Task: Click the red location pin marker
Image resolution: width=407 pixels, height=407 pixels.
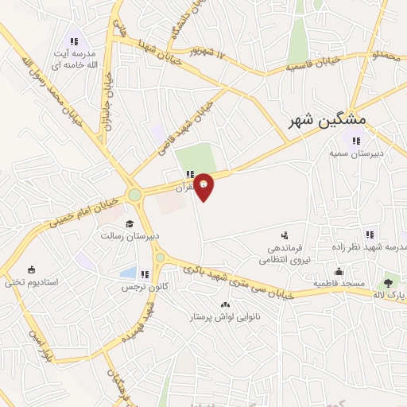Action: [204, 186]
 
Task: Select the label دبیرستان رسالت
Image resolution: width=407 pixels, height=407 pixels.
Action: [130, 236]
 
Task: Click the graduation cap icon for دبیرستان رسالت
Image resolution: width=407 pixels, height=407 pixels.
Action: [129, 223]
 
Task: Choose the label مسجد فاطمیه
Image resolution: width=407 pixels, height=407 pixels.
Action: [339, 283]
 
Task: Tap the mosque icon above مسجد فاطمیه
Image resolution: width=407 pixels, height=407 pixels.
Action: [339, 271]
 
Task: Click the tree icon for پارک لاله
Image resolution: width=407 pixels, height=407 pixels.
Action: [388, 281]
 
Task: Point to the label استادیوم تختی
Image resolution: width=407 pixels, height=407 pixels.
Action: [31, 281]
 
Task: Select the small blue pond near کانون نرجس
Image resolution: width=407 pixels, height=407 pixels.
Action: [127, 273]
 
